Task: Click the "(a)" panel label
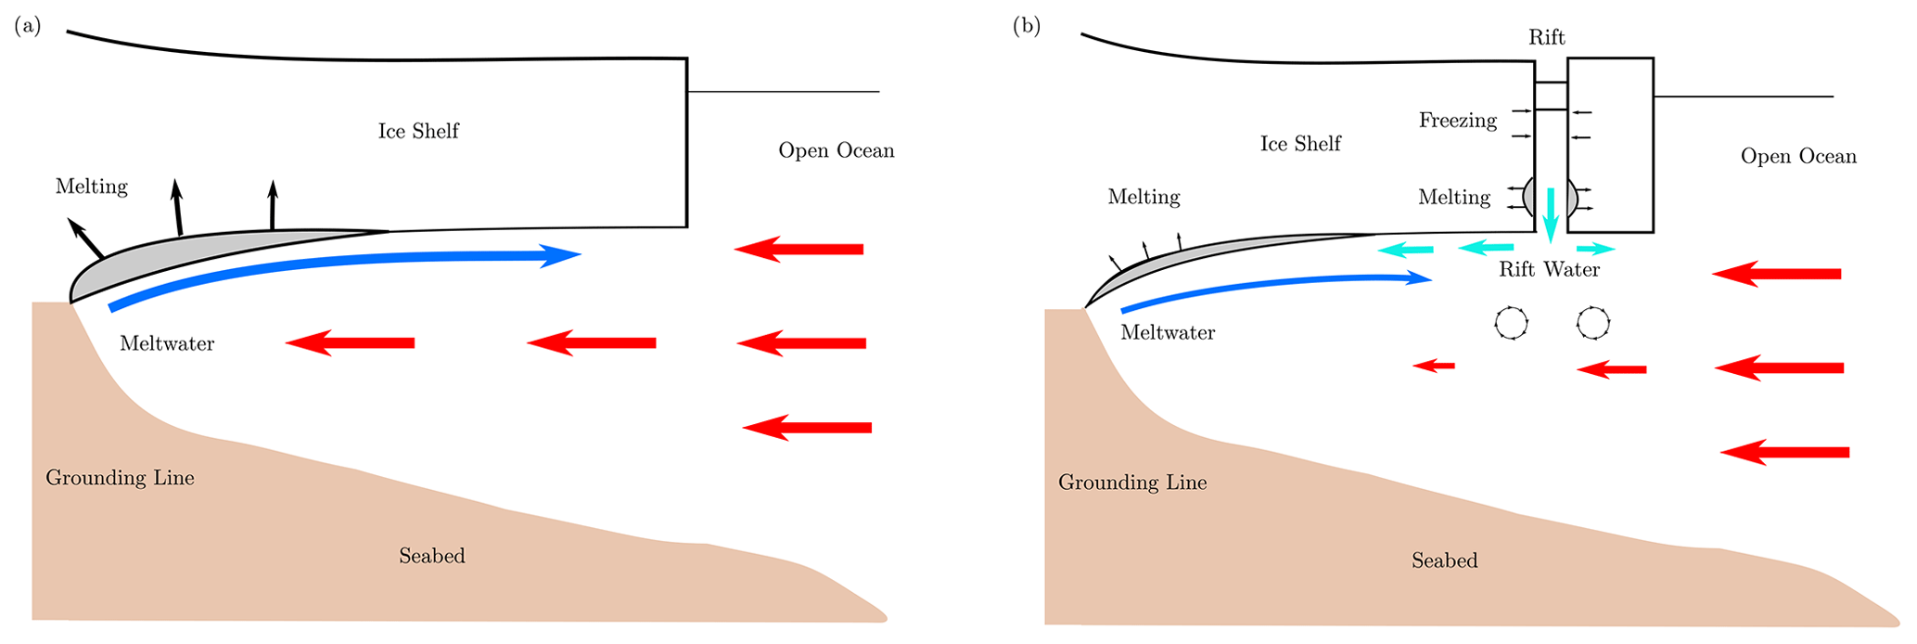pos(28,26)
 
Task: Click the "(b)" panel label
pos(1027,26)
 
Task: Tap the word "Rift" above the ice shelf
pos(1546,37)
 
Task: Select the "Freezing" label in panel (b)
pos(1457,121)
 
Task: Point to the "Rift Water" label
pos(1549,270)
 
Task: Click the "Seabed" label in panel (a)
pos(431,556)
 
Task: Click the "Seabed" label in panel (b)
pos(1444,560)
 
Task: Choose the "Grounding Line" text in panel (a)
pos(120,478)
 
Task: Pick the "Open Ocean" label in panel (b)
pos(1798,156)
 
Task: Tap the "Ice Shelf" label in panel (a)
pos(418,131)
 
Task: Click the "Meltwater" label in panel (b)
pos(1168,332)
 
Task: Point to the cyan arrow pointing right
pos(1596,249)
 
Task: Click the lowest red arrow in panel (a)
pos(807,428)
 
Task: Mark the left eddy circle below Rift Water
pos(1511,323)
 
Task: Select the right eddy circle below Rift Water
pos(1593,323)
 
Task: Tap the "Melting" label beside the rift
pos(1453,198)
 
